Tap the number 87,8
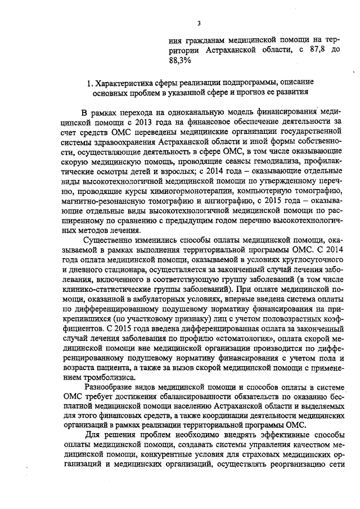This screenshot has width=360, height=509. click(x=316, y=50)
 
